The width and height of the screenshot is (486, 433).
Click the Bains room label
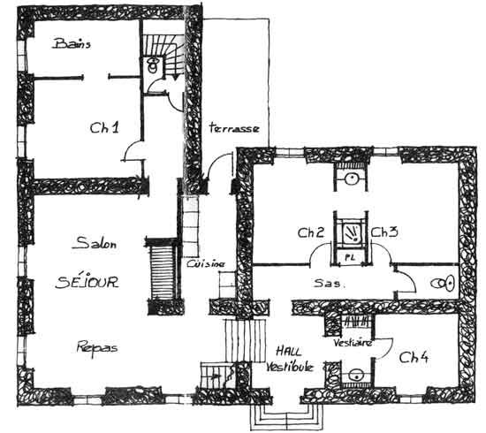72,43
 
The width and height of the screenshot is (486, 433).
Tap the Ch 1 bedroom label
104,127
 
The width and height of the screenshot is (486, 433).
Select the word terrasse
234,128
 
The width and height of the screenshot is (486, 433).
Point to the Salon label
95,243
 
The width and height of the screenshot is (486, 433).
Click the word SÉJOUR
87,282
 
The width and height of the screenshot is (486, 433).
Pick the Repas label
97,347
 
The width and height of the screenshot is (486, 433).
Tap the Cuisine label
206,263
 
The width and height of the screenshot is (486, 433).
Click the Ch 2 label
311,232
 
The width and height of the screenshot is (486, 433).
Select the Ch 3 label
384,232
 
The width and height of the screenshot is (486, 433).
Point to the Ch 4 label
414,357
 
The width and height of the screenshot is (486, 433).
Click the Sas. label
330,283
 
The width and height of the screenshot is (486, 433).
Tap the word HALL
289,352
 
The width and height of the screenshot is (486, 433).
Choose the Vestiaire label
353,343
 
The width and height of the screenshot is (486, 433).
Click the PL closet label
350,257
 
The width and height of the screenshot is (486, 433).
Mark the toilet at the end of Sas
443,284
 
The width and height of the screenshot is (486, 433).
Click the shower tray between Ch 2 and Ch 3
351,232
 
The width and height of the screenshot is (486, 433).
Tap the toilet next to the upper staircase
153,65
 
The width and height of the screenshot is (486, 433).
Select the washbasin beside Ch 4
356,376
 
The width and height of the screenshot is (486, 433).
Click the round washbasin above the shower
352,179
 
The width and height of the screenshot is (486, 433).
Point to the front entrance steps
286,416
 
